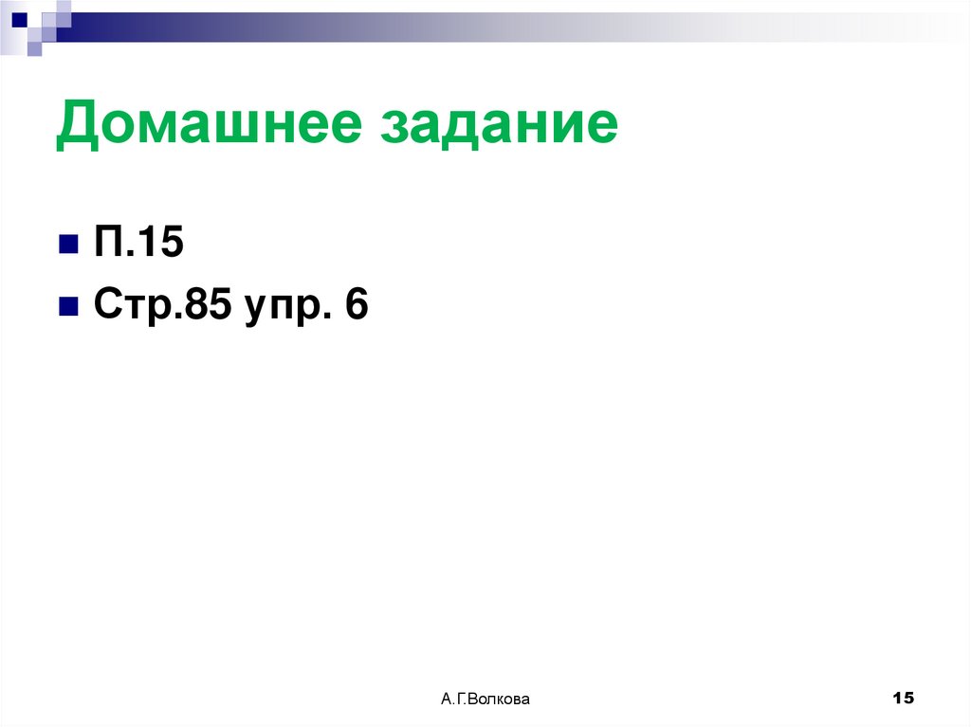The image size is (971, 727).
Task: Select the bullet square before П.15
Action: click(68, 246)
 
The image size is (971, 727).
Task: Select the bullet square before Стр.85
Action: click(68, 308)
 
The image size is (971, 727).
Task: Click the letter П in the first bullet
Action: click(107, 245)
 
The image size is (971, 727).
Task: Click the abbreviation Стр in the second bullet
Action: click(128, 308)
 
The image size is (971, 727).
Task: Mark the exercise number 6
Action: click(356, 306)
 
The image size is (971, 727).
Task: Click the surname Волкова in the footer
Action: click(499, 700)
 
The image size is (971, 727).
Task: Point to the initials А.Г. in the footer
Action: click(453, 700)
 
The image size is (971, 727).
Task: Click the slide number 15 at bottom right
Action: click(903, 699)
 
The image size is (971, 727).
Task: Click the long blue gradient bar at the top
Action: click(474, 27)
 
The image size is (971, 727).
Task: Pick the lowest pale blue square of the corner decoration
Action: click(34, 49)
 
